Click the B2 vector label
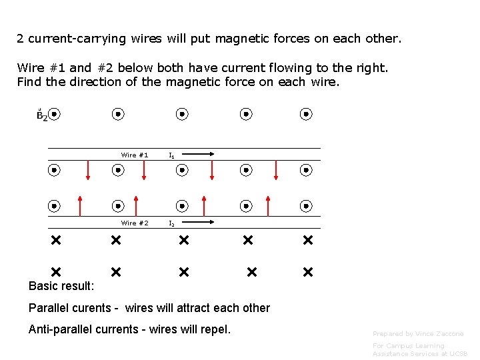click(x=41, y=115)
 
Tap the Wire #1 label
click(x=135, y=155)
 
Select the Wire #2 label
click(x=135, y=223)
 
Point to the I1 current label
click(x=172, y=155)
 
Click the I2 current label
click(x=172, y=224)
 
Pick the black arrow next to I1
click(x=199, y=155)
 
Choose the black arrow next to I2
click(x=199, y=222)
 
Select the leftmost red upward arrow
click(x=80, y=205)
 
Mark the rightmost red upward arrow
click(x=268, y=205)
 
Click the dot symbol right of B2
click(x=55, y=114)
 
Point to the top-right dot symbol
click(x=306, y=114)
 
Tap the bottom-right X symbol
click(x=307, y=272)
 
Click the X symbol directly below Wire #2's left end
click(x=55, y=239)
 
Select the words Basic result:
click(x=61, y=286)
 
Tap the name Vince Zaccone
click(x=441, y=333)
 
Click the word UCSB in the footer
click(x=457, y=353)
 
